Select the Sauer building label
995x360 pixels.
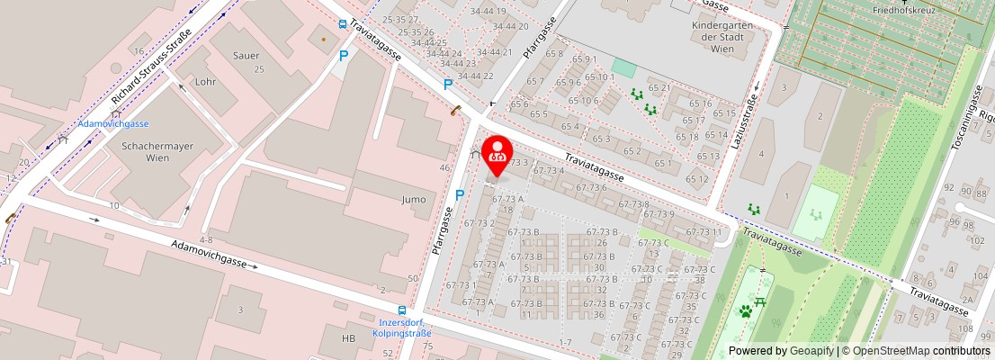point(246,56)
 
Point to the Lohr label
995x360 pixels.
point(205,81)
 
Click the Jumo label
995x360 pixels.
point(414,199)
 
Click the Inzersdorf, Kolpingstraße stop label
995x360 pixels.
point(401,328)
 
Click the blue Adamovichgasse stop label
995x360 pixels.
point(113,124)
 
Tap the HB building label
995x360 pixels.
point(349,338)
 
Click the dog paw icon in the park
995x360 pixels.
point(746,311)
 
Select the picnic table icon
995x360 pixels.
point(761,301)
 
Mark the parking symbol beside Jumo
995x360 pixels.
point(459,194)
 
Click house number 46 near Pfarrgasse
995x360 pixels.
point(444,168)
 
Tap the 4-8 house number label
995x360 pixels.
point(206,239)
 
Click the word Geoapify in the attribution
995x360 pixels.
point(811,351)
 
